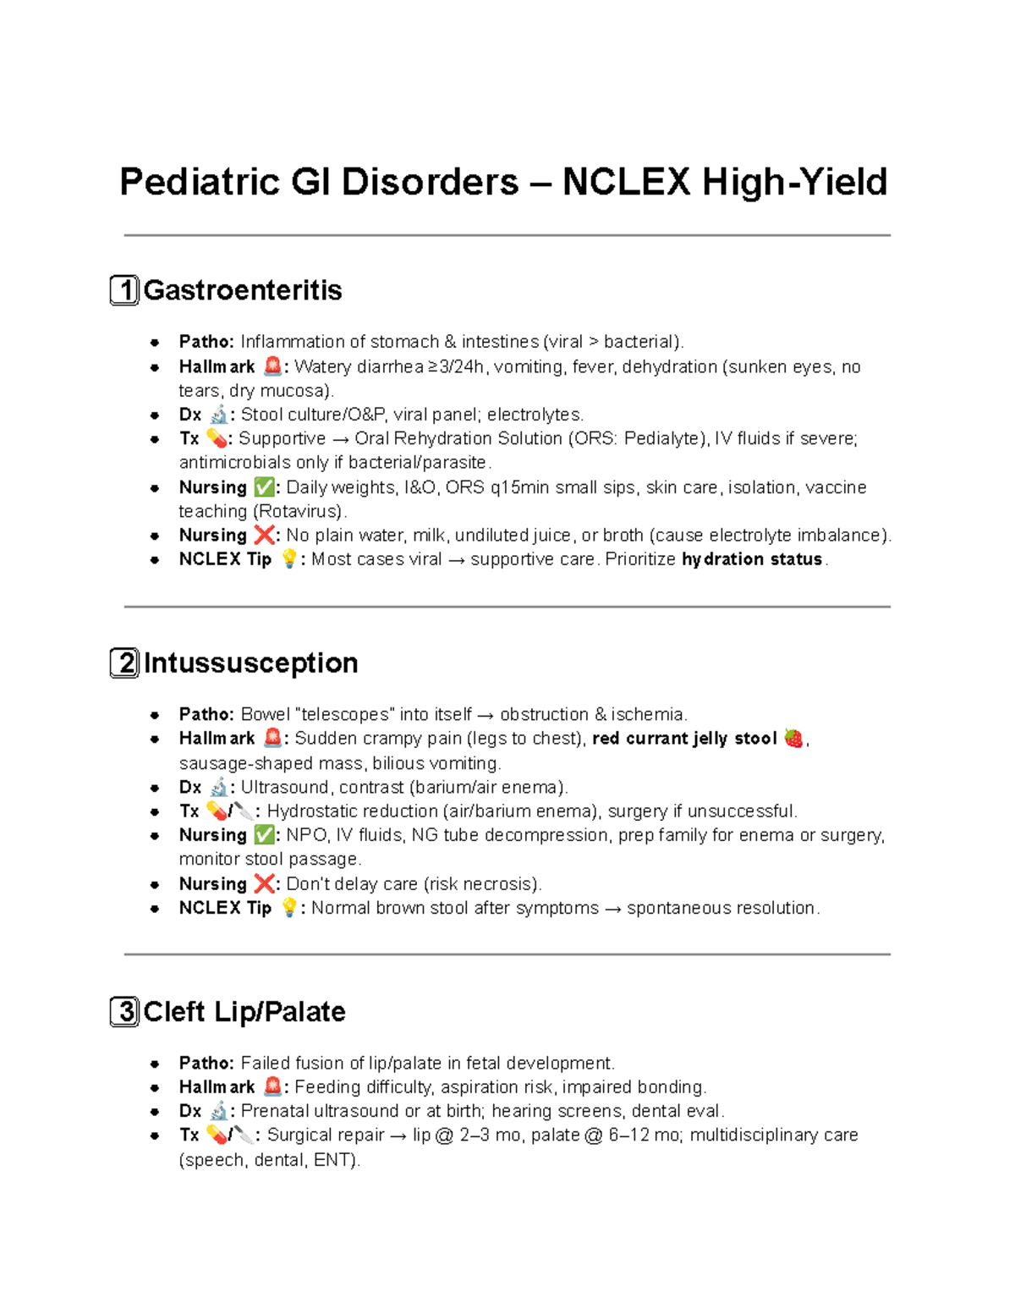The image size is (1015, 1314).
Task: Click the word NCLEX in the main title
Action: [625, 182]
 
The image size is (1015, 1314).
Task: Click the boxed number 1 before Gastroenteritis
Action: [124, 290]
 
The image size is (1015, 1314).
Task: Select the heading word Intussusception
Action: [250, 662]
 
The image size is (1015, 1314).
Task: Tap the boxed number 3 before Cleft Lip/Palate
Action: [124, 1011]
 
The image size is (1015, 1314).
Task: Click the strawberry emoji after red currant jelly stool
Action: [793, 738]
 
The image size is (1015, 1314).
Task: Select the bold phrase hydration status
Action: [752, 559]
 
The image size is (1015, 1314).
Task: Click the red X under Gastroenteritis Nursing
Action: [264, 535]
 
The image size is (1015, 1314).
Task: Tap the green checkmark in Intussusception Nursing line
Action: [264, 835]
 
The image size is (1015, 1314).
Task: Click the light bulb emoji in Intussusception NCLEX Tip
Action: [289, 908]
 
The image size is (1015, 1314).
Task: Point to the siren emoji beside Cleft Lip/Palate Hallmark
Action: [272, 1086]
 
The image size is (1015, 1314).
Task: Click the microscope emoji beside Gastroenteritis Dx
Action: [218, 415]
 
